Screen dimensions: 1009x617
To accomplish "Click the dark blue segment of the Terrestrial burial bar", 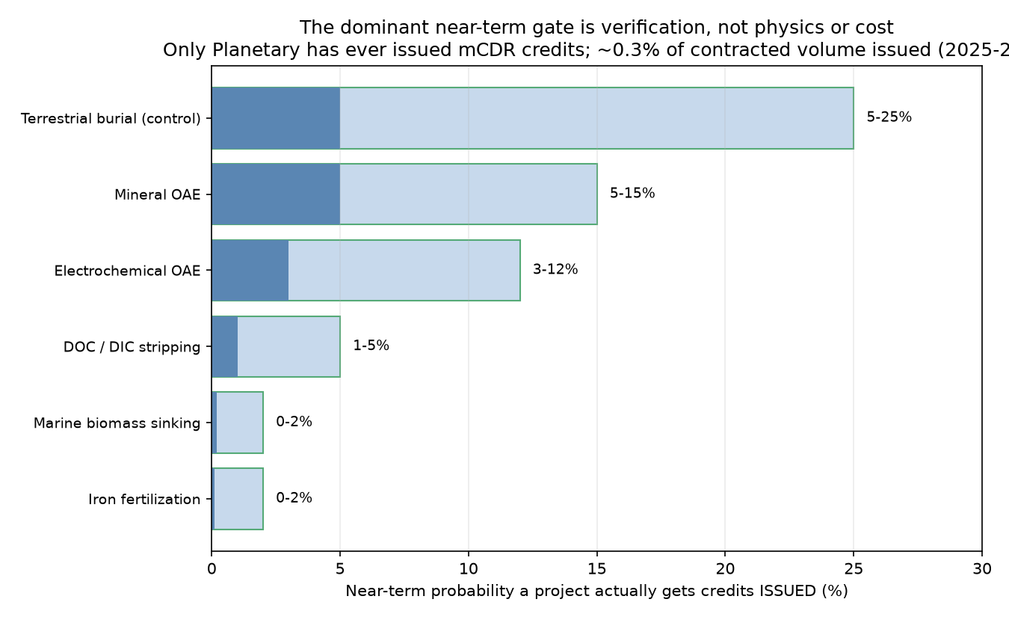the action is (276, 118).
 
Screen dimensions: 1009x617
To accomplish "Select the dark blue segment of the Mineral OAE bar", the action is (276, 194).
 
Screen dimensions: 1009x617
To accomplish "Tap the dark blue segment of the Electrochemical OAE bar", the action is (250, 271).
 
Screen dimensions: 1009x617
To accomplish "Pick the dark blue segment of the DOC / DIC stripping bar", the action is (224, 346).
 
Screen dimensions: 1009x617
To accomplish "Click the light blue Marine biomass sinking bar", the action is (240, 423).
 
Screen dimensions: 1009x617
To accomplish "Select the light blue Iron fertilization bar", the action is (238, 499).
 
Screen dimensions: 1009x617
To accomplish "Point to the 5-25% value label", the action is (889, 117).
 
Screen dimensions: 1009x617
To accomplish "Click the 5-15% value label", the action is (632, 194).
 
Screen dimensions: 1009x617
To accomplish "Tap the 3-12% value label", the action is (555, 269).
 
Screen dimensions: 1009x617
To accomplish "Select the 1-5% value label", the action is (371, 346).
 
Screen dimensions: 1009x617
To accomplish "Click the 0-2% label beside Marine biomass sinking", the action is (294, 422).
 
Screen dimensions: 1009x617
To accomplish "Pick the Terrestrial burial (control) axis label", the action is (111, 119).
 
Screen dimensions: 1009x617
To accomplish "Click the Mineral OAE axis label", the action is (157, 194).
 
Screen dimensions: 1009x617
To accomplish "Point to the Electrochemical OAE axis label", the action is (127, 271).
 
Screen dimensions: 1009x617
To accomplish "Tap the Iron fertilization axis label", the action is (144, 500).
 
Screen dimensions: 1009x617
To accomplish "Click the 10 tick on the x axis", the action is (469, 569).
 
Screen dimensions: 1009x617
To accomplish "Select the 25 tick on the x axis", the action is (854, 569).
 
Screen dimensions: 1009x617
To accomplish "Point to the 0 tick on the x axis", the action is (212, 569).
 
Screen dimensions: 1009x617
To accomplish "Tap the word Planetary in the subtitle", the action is (256, 50).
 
